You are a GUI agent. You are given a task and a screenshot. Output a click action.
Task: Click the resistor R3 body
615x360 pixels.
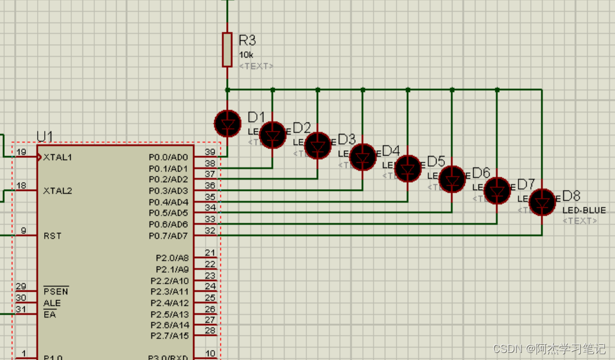[x=227, y=49]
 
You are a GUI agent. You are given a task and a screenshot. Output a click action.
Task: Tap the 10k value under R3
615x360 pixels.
[x=246, y=55]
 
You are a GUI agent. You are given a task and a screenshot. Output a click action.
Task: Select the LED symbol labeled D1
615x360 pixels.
[x=227, y=123]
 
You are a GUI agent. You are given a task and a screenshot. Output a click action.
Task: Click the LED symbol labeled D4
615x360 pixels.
[x=362, y=157]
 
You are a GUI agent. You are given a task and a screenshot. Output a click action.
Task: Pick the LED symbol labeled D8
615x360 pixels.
[x=542, y=202]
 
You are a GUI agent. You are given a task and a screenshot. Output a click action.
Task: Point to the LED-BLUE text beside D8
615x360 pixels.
[x=584, y=210]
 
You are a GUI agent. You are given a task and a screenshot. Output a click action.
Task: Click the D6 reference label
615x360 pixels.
[x=481, y=173]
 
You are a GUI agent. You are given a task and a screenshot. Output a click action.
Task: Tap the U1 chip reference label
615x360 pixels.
[x=45, y=137]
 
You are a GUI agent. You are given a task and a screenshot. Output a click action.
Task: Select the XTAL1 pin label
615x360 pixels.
[x=58, y=157]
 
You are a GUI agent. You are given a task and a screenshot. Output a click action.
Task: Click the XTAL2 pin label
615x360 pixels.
[x=58, y=191]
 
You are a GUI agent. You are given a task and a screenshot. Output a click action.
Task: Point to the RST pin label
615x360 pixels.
[x=52, y=236]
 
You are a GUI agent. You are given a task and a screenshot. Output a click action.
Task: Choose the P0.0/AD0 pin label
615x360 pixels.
[x=168, y=157]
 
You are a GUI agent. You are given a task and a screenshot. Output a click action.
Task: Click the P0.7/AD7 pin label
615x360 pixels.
[x=168, y=236]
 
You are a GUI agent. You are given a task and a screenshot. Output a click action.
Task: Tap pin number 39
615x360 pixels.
[x=210, y=152]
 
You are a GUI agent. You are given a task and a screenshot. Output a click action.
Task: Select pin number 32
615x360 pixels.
[x=210, y=230]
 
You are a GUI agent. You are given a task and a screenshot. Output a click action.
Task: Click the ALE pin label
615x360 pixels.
[x=51, y=303]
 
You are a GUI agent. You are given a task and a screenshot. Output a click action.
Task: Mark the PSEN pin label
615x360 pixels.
[x=55, y=292]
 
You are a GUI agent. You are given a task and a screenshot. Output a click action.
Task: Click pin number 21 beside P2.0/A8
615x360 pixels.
[x=210, y=253]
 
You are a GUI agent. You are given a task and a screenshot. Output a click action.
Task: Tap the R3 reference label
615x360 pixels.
[x=247, y=40]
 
